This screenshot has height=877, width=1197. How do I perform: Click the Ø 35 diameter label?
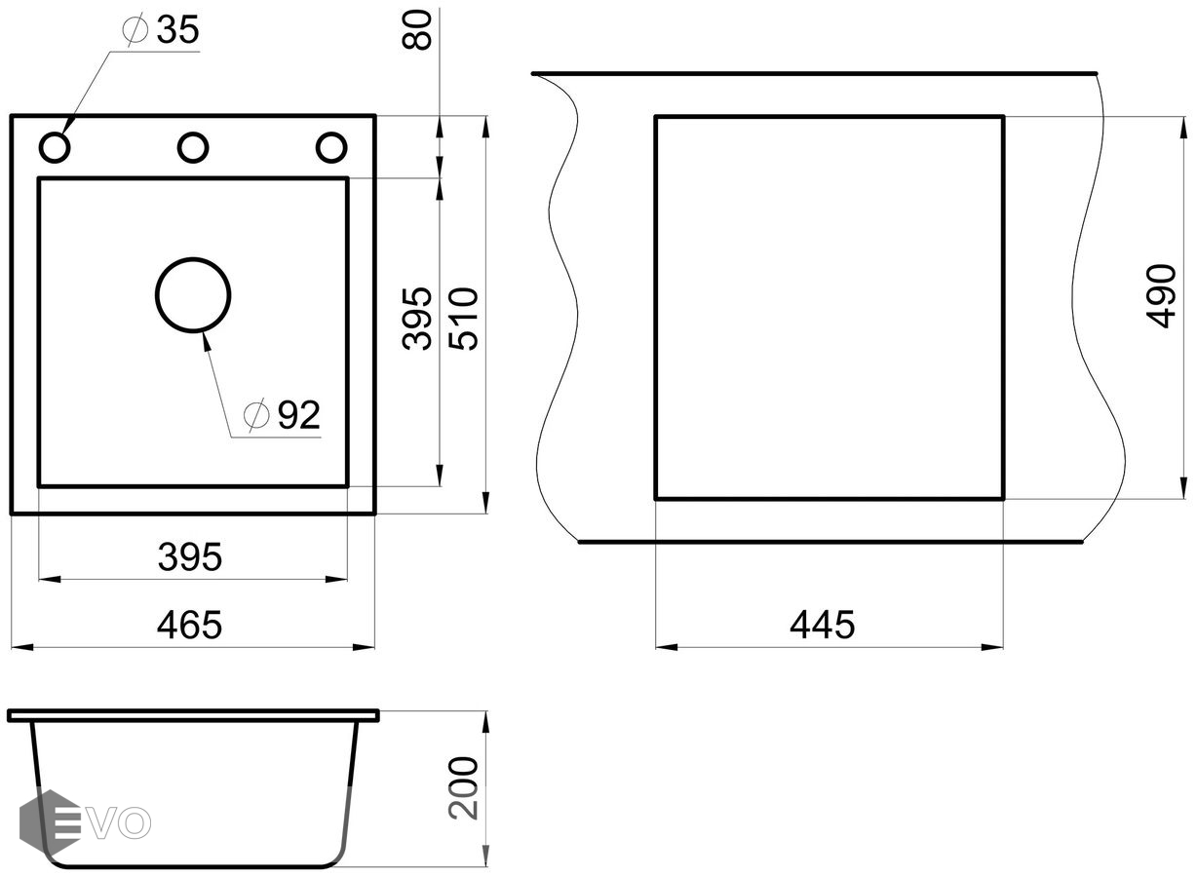(x=162, y=31)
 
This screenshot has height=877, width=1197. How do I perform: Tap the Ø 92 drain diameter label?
(x=284, y=416)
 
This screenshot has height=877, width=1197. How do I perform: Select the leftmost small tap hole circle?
(x=55, y=147)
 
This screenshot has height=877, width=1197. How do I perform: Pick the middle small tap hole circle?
(x=193, y=147)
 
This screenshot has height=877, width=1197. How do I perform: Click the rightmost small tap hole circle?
(x=331, y=147)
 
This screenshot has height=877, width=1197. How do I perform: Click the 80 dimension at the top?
(x=420, y=30)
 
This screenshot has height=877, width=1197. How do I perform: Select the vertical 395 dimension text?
(x=418, y=318)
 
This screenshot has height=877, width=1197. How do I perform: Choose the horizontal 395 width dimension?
(x=190, y=558)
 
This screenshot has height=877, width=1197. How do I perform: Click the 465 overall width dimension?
(x=190, y=625)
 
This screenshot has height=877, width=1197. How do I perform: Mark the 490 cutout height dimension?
(x=1162, y=295)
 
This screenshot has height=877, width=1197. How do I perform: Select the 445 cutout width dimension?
(x=822, y=625)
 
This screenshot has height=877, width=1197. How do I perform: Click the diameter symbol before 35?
(x=135, y=31)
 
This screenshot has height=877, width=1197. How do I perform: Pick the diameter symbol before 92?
(x=257, y=416)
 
